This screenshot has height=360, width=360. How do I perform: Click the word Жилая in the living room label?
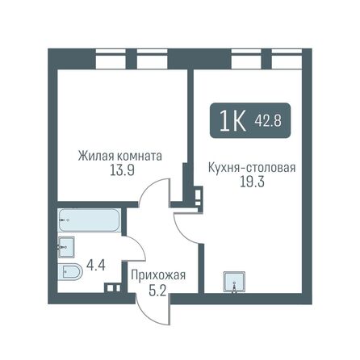95,156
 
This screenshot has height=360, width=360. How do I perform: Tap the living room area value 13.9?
121,170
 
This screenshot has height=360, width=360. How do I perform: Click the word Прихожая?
158,275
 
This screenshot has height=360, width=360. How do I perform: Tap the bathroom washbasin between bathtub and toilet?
66,246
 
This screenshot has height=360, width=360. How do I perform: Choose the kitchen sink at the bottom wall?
235,282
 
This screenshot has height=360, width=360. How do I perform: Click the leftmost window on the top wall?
107,59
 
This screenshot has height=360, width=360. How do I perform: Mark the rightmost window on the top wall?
284,59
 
